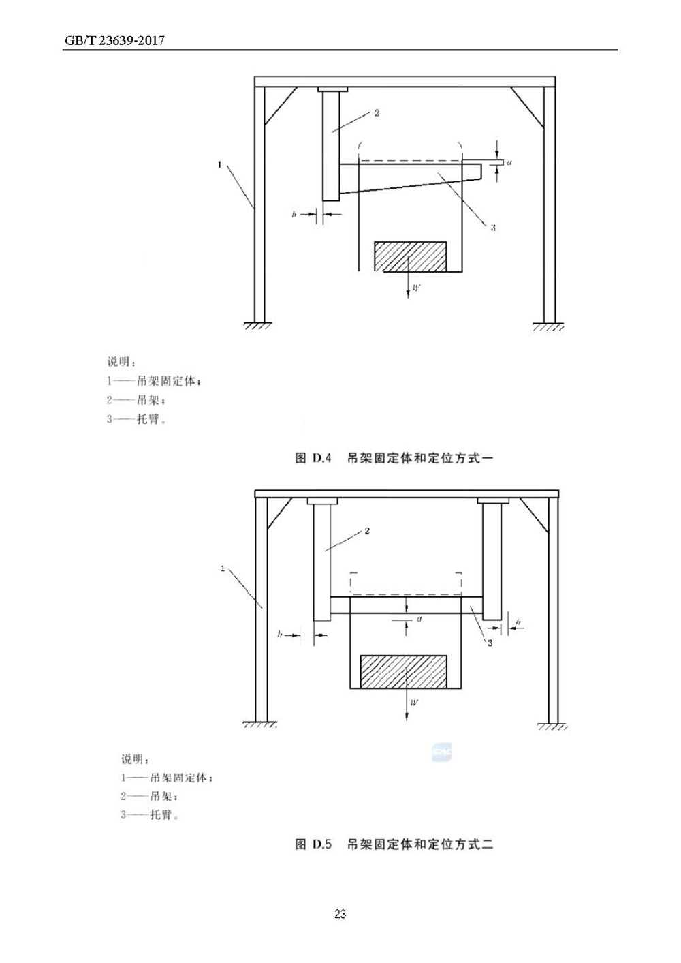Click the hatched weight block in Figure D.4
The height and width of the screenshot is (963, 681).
tap(410, 256)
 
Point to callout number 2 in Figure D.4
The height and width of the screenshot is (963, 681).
tap(376, 113)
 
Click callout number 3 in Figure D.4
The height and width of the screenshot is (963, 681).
tap(492, 228)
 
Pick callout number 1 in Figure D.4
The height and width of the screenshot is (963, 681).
tap(219, 164)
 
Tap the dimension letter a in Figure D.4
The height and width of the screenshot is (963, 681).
tap(509, 164)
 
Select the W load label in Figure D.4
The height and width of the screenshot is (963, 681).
tap(416, 288)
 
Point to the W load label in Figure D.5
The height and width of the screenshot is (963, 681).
tap(415, 701)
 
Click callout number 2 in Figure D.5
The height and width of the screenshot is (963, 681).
tap(367, 531)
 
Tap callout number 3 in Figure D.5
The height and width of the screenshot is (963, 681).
tap(490, 643)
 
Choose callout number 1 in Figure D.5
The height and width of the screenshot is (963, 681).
tap(223, 568)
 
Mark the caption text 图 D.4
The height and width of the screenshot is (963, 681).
tap(313, 459)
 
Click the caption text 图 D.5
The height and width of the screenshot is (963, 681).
tap(313, 844)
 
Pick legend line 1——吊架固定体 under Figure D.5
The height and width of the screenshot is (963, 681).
tap(167, 778)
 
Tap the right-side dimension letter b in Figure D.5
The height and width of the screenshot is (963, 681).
tap(518, 622)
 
